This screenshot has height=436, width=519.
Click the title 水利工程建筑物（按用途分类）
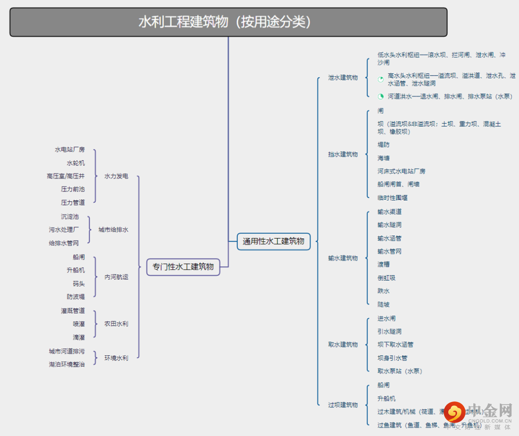pos(228,22)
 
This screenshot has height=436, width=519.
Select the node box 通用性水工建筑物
pos(273,241)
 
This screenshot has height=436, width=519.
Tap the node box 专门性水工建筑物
pos(183,266)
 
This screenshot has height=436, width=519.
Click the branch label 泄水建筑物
pos(343,77)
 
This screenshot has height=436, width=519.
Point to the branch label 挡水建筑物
pos(343,154)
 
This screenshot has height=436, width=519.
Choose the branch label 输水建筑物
pos(343,258)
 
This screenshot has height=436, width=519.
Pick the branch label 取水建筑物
pos(343,344)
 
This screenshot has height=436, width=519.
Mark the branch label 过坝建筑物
pos(343,405)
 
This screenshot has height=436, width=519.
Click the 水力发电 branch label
pos(116,176)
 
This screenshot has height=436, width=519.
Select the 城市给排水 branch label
pos(113,230)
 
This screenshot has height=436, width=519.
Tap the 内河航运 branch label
pos(116,277)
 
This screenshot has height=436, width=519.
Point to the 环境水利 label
pos(116,358)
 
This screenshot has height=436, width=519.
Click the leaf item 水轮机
pos(75,163)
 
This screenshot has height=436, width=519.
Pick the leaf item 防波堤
pos(75,297)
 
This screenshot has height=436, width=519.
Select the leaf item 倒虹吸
pos(386,278)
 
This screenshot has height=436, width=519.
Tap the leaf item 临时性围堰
pos(392,197)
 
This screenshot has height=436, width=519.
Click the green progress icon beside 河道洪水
pos(381,96)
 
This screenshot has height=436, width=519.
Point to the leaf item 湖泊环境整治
pos(66,364)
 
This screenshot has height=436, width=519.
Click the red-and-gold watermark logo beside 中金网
pos(454,412)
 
